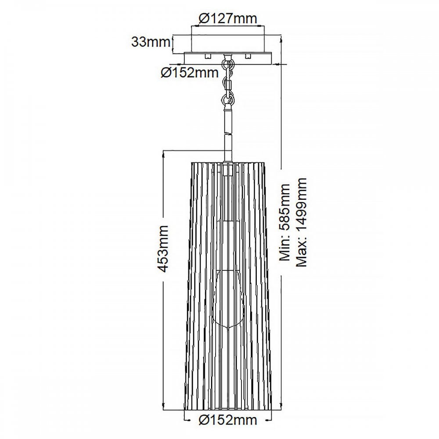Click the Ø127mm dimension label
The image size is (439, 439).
point(227,19)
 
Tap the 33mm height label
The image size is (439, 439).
point(151,42)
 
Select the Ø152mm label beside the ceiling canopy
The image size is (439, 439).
point(190,73)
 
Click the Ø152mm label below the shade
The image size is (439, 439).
point(227,420)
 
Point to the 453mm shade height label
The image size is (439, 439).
point(163,248)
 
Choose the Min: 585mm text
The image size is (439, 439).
point(285,223)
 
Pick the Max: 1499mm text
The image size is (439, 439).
point(301,223)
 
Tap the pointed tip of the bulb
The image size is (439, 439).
point(227,330)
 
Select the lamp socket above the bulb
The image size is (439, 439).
point(227,245)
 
